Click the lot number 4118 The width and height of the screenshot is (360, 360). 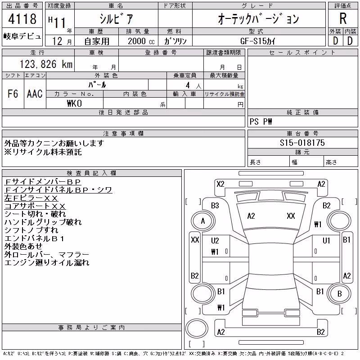point(22,19)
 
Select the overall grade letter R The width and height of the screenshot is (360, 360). point(343,18)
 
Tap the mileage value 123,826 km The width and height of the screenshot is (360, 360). point(46,64)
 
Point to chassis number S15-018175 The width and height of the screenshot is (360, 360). point(302,143)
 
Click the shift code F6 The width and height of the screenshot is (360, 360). point(13,94)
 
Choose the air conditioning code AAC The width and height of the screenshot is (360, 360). point(35,94)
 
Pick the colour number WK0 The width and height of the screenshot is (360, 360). point(74,103)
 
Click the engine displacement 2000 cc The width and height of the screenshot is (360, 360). point(141,41)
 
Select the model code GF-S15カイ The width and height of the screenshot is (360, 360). point(257,41)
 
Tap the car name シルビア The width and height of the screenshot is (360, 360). point(116,18)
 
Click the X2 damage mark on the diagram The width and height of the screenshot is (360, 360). point(220,184)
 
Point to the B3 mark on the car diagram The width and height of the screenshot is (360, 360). point(215,206)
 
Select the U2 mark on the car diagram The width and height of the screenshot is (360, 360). point(215,241)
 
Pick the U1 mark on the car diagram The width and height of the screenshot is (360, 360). point(326,241)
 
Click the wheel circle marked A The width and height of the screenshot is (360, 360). point(203,221)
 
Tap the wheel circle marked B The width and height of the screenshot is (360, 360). point(340,293)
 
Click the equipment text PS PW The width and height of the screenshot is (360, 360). point(261,121)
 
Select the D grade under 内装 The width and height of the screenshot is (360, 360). point(350,41)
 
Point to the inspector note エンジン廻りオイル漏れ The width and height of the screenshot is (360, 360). point(47,262)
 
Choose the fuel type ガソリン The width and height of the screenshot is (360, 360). point(175,41)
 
